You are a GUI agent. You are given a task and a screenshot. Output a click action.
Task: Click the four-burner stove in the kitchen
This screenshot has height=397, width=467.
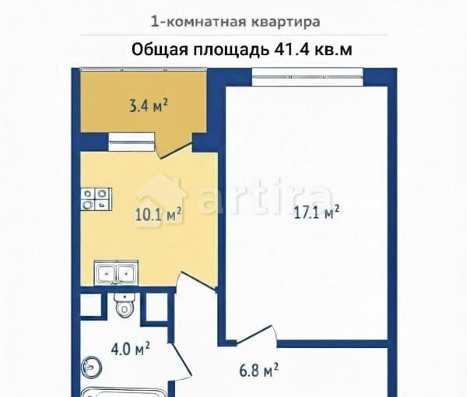[x=96, y=199]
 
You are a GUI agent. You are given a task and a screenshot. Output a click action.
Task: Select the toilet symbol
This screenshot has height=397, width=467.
[x=124, y=305]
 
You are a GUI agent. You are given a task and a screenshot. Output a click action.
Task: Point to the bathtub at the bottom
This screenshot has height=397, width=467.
[x=117, y=391]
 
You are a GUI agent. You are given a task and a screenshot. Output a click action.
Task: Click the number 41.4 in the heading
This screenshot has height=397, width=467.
[x=292, y=49]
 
